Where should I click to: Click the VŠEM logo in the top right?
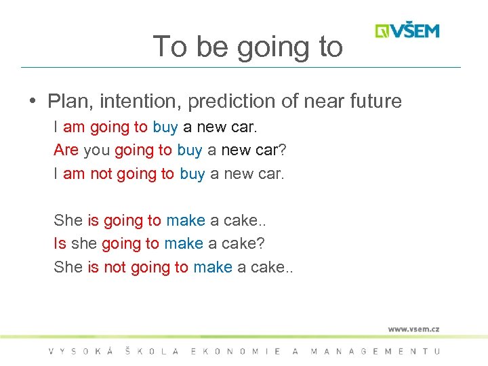[407, 31]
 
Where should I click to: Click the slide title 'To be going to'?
[248, 47]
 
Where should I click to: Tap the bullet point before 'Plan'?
[33, 102]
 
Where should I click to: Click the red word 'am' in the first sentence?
[74, 127]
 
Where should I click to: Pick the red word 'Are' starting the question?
[66, 150]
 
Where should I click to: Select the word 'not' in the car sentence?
[101, 174]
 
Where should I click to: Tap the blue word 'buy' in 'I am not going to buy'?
[192, 174]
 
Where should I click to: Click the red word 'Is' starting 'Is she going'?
[60, 243]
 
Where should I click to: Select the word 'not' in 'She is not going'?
[115, 267]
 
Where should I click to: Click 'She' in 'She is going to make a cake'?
[68, 220]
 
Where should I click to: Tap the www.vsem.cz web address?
[413, 329]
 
